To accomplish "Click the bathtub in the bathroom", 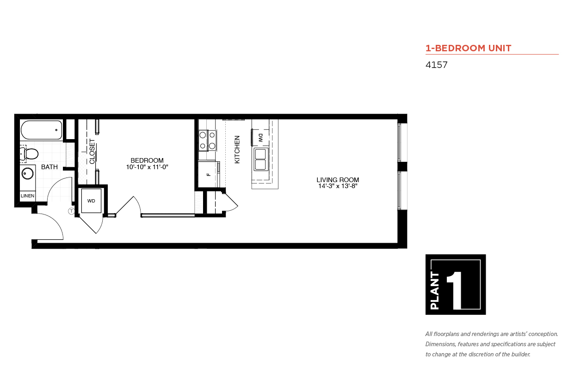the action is [x=42, y=130].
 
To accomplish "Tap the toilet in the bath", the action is [x=29, y=153].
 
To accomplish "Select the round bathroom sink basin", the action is [x=27, y=174].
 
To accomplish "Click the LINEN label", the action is [x=27, y=196].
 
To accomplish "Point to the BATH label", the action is [x=49, y=167].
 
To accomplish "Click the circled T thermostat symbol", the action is [x=72, y=211].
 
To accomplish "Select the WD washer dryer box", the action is [x=91, y=201].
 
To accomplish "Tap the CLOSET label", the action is [x=92, y=151].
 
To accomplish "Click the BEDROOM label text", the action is [x=147, y=160].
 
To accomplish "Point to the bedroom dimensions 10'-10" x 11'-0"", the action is [x=147, y=167].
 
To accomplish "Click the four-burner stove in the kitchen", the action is [x=207, y=140].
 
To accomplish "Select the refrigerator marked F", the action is [x=209, y=174].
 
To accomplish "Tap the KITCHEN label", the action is [x=237, y=150].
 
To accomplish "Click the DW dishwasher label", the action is [x=260, y=138].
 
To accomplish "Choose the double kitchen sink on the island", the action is [x=261, y=159].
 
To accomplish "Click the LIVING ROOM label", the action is [x=338, y=180].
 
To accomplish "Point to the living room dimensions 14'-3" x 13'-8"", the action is [x=338, y=186].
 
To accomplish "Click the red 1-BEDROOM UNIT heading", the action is [x=469, y=48].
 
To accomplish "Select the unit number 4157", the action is [x=436, y=65].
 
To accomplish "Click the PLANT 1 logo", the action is [x=456, y=284].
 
